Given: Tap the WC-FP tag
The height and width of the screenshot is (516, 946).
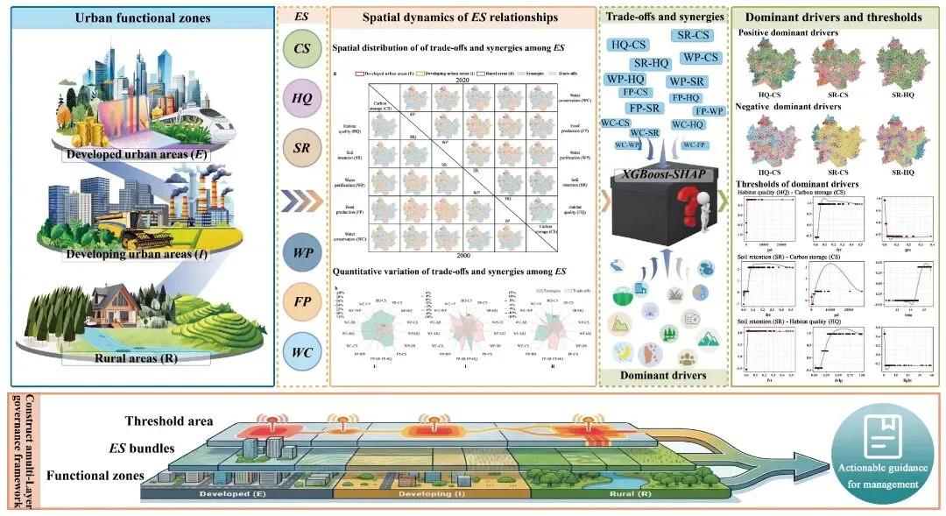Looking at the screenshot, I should click(695, 145).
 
